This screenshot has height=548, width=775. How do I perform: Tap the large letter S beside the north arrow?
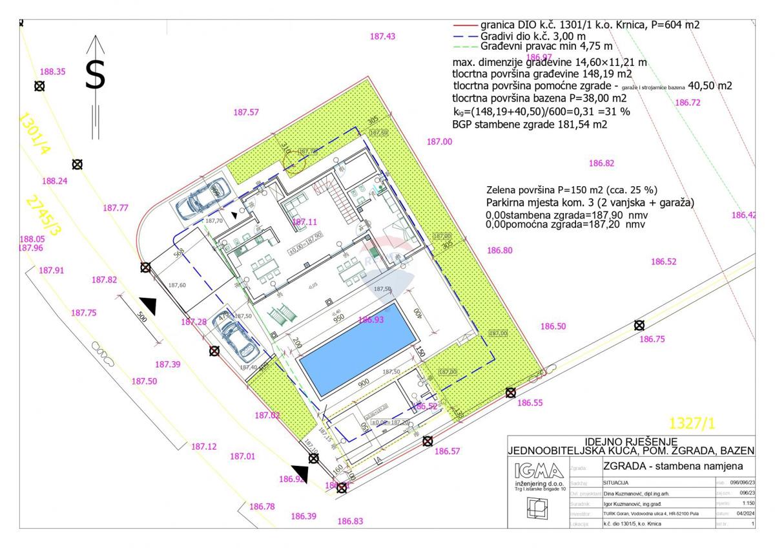pyautogui.click(x=95, y=75)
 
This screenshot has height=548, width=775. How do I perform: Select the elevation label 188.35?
pyautogui.click(x=52, y=72)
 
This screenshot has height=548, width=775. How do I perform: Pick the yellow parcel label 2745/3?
pyautogui.click(x=42, y=217)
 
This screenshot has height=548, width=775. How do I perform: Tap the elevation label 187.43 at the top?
pyautogui.click(x=382, y=37)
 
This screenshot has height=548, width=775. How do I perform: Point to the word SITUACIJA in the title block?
pyautogui.click(x=619, y=482)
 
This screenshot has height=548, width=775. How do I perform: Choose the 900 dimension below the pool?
pyautogui.click(x=364, y=383)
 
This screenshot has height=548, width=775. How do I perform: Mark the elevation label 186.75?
pyautogui.click(x=651, y=339)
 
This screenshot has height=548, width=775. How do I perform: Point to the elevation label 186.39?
pyautogui.click(x=304, y=516)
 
